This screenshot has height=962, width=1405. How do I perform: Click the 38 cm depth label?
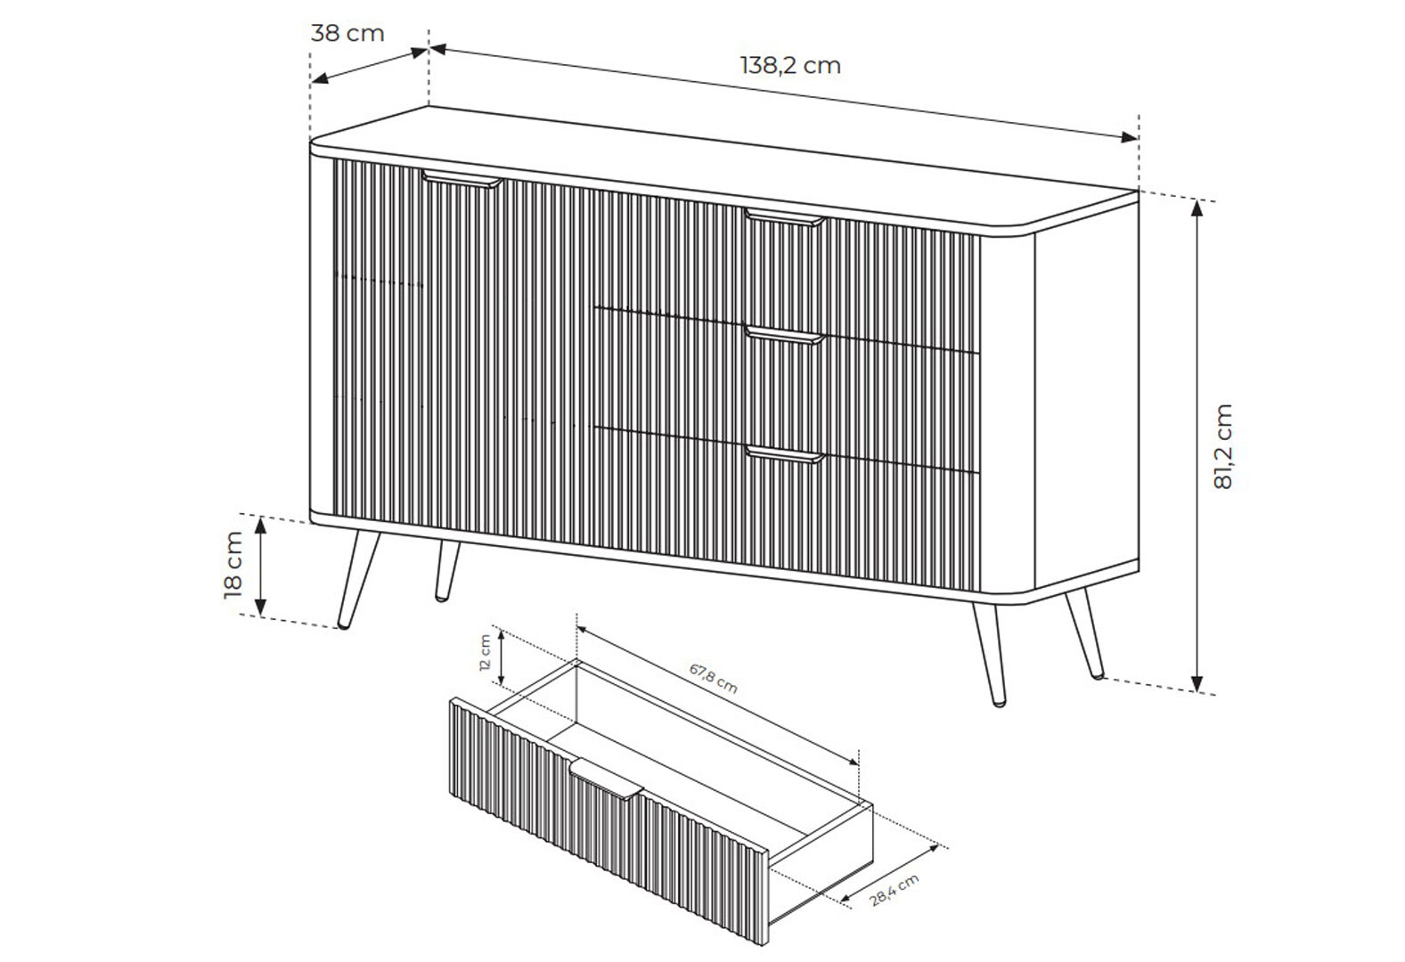347,33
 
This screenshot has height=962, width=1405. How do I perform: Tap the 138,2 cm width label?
790,66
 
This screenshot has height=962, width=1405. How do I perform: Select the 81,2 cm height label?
1223,446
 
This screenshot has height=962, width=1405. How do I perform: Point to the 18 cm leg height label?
233,565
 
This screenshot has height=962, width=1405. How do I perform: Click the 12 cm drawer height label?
485,654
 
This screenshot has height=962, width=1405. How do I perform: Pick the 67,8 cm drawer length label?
714,679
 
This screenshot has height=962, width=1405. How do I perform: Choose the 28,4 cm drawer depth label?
894,890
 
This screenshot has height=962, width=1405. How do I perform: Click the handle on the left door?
462,179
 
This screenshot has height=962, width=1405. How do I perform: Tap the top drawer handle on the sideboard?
785,217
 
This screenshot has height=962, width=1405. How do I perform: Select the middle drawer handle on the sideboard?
785,336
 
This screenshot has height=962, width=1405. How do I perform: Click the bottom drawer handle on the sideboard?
785,454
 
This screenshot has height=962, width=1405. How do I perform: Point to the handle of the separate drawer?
607,779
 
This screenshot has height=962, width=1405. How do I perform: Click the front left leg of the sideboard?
358,580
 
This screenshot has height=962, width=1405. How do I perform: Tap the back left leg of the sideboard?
447,571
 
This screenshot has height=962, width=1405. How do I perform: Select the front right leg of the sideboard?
990,654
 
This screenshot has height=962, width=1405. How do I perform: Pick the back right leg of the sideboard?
1084,633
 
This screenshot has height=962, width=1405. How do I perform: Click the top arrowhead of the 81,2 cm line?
1197,208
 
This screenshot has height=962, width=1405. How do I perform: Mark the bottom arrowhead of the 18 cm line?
260,607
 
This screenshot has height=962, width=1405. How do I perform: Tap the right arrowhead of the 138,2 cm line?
1129,137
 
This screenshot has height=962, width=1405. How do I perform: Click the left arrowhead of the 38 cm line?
320,78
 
